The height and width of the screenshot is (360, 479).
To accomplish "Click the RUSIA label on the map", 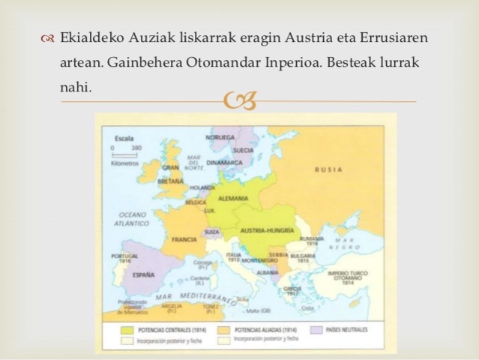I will click(328, 169).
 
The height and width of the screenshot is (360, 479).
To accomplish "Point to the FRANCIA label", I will click(184, 240).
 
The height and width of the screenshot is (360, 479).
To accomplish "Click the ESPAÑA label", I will click(143, 274).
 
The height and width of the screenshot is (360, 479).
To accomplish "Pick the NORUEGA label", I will click(220, 138).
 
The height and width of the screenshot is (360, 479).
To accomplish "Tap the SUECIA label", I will click(244, 150).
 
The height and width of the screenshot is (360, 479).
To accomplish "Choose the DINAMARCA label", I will click(226, 162).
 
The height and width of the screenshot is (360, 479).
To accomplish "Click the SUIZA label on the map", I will click(212, 232).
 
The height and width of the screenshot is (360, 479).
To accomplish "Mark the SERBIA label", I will click(278, 254).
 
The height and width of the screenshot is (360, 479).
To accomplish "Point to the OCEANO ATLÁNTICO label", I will click(134, 217).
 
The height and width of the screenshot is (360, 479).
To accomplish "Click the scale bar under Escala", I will click(124, 154).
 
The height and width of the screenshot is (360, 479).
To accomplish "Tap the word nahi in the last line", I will click(76, 87).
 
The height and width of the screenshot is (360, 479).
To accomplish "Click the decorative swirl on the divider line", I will click(240, 100).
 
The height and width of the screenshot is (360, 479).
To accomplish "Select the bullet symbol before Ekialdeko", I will click(49, 38).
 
